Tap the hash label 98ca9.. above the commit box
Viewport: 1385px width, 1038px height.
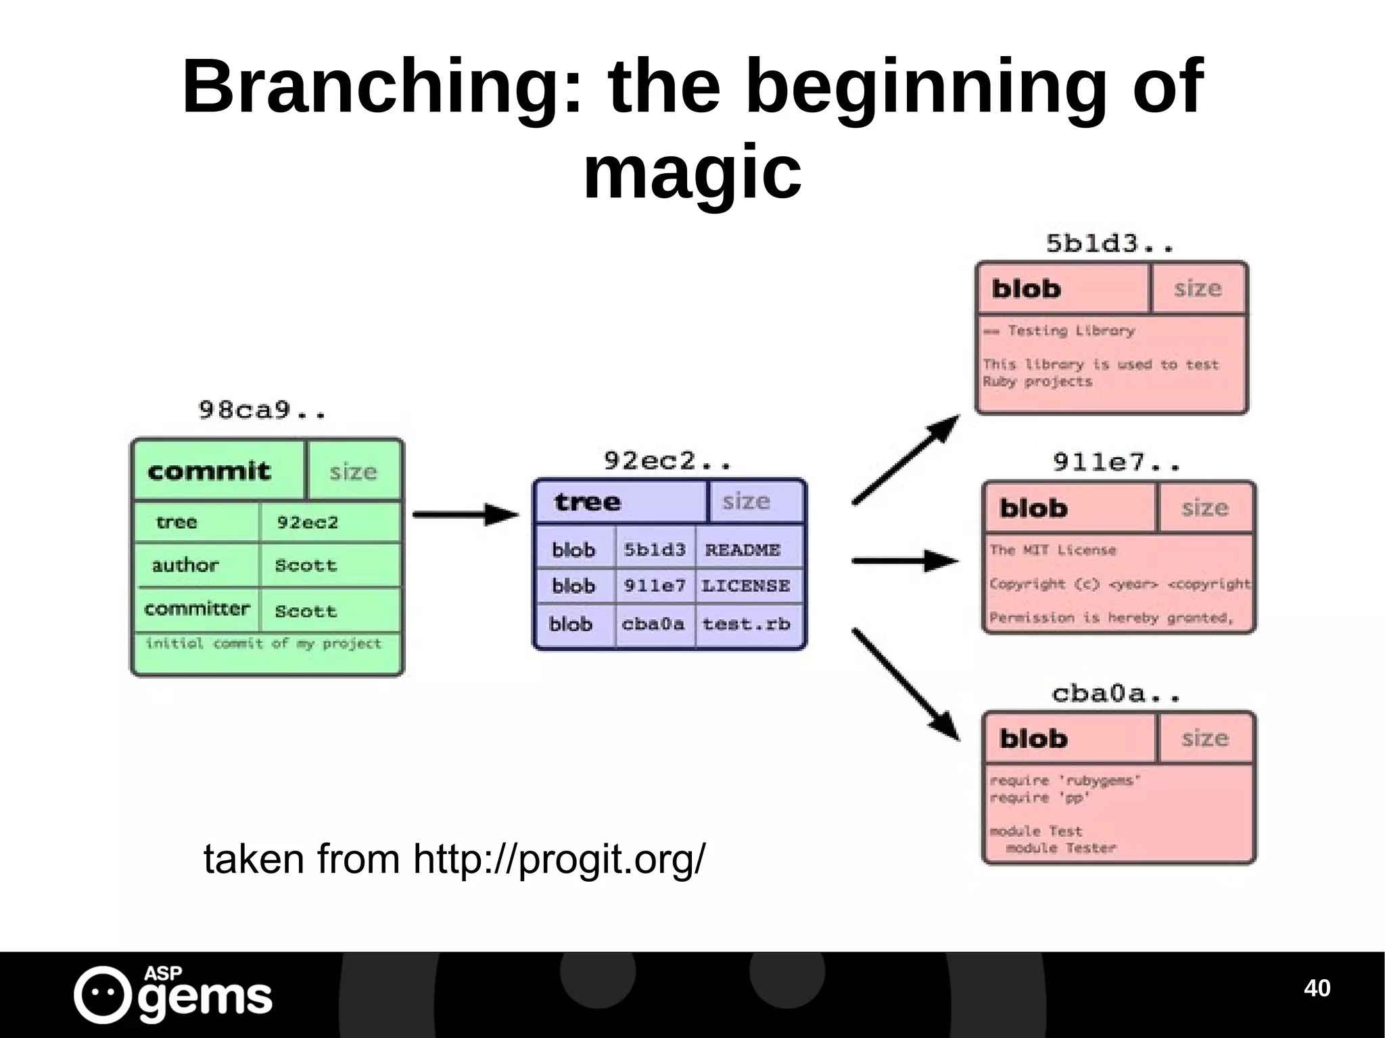pyautogui.click(x=262, y=410)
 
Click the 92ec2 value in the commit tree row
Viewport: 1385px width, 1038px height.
pyautogui.click(x=308, y=522)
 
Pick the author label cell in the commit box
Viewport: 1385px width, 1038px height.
pyautogui.click(x=185, y=565)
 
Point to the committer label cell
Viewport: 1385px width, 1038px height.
pyautogui.click(x=197, y=609)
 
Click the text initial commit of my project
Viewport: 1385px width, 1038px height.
pyautogui.click(x=264, y=643)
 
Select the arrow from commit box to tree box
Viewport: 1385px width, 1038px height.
pyautogui.click(x=465, y=515)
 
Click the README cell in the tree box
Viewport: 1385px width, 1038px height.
pyautogui.click(x=743, y=550)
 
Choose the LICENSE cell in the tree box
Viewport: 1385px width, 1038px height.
pyautogui.click(x=745, y=586)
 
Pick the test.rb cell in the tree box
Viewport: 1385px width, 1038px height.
pyautogui.click(x=745, y=623)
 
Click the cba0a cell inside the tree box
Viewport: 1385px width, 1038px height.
pyautogui.click(x=653, y=623)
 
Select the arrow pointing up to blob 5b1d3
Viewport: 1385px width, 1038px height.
pyautogui.click(x=905, y=460)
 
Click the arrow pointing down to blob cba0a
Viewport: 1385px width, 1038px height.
pyautogui.click(x=905, y=684)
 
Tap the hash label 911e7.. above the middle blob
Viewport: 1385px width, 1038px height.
pyautogui.click(x=1117, y=463)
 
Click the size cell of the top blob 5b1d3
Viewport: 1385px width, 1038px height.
pyautogui.click(x=1198, y=289)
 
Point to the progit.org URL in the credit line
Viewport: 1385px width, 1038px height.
pyautogui.click(x=559, y=859)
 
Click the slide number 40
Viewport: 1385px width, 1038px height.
pyautogui.click(x=1317, y=988)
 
